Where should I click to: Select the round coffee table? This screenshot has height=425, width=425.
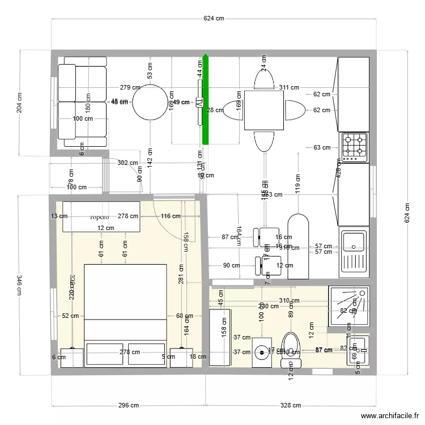[x=149, y=102]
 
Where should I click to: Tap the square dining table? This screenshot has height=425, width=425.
[x=264, y=110]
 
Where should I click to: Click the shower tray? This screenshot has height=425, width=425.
[x=348, y=306]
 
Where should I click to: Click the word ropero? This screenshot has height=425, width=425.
[x=99, y=216]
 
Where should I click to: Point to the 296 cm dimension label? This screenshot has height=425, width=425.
[x=128, y=405]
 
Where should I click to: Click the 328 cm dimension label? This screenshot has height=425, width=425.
[x=290, y=405]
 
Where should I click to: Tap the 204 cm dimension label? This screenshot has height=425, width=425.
[x=20, y=103]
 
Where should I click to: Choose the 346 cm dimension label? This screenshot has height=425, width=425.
[x=20, y=285]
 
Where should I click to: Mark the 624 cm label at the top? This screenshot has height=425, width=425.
[x=214, y=18]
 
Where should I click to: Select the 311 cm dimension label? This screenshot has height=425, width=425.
[x=289, y=87]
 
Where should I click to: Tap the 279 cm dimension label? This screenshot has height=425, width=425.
[x=130, y=87]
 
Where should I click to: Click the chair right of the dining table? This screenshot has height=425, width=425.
[x=295, y=110]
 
